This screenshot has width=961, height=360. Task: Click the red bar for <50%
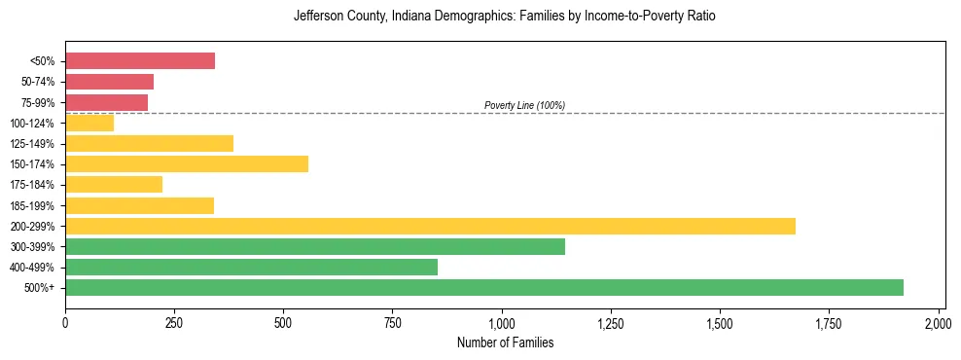[x=140, y=61]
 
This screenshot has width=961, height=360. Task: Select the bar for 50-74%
[x=109, y=82]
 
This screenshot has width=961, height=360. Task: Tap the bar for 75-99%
[x=106, y=102]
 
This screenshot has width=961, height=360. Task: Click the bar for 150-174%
[x=187, y=163]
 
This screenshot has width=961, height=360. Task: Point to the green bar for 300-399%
[x=315, y=246]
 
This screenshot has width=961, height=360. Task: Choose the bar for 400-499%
[x=251, y=267]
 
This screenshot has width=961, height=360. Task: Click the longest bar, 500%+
[x=484, y=287]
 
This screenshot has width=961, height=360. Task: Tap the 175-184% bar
[x=114, y=185]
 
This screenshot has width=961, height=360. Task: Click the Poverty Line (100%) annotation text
[x=524, y=105]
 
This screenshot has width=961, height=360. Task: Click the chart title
[x=504, y=17]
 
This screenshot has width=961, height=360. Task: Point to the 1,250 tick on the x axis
[x=611, y=322]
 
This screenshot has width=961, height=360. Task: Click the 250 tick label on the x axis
[x=174, y=322]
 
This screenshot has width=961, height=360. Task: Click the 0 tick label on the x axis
[x=65, y=322]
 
